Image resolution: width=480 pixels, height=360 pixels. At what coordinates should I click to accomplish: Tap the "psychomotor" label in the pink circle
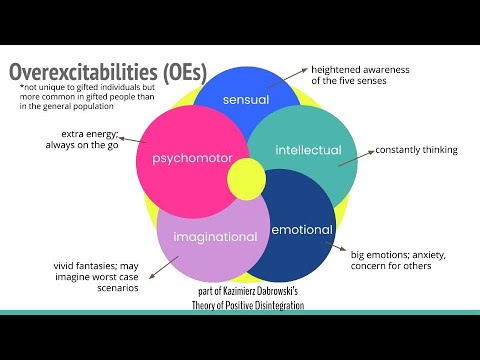tap(191, 159)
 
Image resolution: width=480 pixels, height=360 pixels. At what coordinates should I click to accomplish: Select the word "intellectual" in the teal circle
tap(308, 152)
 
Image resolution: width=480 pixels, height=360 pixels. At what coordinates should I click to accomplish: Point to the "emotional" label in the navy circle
tap(302, 231)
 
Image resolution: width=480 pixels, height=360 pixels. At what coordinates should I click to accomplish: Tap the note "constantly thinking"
tap(416, 150)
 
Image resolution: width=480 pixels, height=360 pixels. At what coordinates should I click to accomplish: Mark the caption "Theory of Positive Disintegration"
tap(247, 305)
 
